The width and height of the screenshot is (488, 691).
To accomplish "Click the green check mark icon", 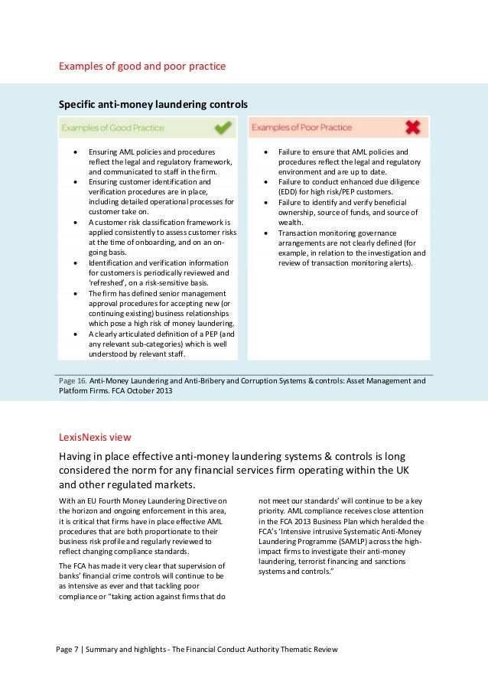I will click(x=223, y=126).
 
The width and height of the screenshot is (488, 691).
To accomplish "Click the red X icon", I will click(x=413, y=126).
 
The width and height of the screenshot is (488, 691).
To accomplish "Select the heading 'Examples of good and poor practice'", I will click(x=142, y=67).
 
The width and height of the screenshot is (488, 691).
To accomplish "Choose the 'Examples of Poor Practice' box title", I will click(x=301, y=127).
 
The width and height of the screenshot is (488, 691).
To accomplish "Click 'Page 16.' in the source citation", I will click(x=73, y=380).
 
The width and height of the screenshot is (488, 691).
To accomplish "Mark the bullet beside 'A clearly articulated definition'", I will click(x=75, y=334).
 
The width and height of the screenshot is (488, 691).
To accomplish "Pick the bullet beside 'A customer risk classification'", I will click(x=75, y=222).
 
